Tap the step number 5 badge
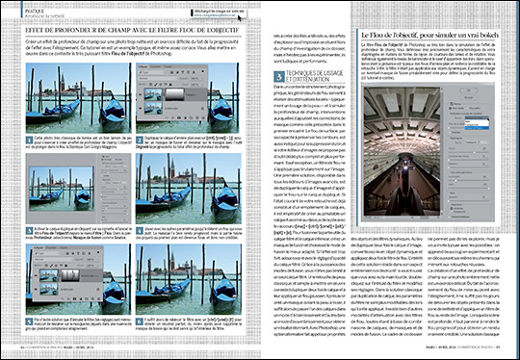[21, 319]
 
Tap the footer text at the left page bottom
[58, 349]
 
